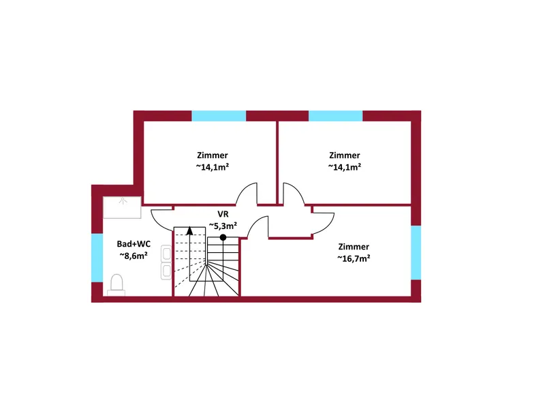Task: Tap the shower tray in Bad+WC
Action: [x=123, y=207]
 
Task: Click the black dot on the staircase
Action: [x=223, y=237]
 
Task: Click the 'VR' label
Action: [x=223, y=213]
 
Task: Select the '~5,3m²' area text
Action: [x=223, y=226]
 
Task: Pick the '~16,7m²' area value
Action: [x=354, y=258]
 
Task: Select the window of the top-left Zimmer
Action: [x=219, y=116]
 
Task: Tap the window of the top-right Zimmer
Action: [x=336, y=116]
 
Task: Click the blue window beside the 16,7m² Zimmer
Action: [x=416, y=252]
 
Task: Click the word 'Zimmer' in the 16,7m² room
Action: [x=354, y=246]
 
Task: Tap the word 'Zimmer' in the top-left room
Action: [x=212, y=155]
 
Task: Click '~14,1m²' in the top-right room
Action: [x=344, y=167]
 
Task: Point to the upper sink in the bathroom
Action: [x=166, y=255]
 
